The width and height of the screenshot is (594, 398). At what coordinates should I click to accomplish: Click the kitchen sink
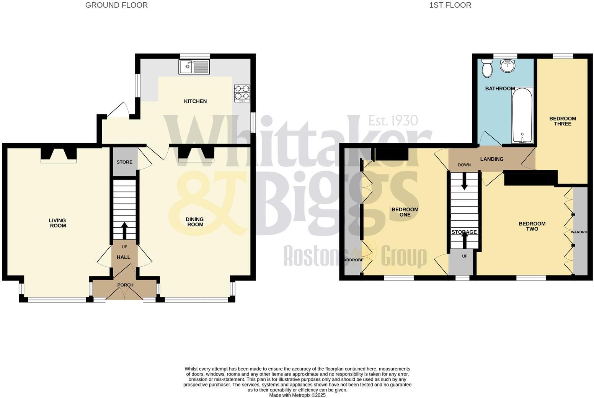(x=194, y=67)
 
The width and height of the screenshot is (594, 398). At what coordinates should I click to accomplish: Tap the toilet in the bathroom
(x=487, y=68)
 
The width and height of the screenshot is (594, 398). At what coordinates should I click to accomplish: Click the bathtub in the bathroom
(x=522, y=115)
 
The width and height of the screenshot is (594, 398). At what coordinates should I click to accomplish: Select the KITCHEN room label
(x=195, y=101)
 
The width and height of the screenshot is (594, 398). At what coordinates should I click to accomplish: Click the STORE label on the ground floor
(x=124, y=162)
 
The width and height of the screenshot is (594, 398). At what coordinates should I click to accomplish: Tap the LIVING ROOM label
(x=57, y=223)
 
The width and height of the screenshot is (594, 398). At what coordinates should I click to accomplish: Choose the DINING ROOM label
(x=195, y=222)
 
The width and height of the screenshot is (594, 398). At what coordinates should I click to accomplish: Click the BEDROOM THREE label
(x=563, y=121)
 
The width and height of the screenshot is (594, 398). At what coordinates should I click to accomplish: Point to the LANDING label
(x=492, y=159)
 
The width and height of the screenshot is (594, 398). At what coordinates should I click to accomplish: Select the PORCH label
(x=125, y=285)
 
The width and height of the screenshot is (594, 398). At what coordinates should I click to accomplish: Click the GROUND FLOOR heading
(x=116, y=5)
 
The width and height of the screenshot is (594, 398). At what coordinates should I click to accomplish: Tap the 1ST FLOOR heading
(x=450, y=5)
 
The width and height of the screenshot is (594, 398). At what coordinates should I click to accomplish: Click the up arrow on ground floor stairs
(x=124, y=230)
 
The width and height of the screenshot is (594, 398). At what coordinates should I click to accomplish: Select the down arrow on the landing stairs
(x=464, y=181)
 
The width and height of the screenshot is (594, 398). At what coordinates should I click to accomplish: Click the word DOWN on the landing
(x=464, y=165)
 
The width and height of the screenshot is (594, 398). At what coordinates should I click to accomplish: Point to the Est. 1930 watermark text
(x=393, y=121)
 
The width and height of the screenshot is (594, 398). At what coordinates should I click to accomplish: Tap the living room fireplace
(x=59, y=155)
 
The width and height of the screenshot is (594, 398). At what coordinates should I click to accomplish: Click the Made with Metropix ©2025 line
(x=297, y=395)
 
